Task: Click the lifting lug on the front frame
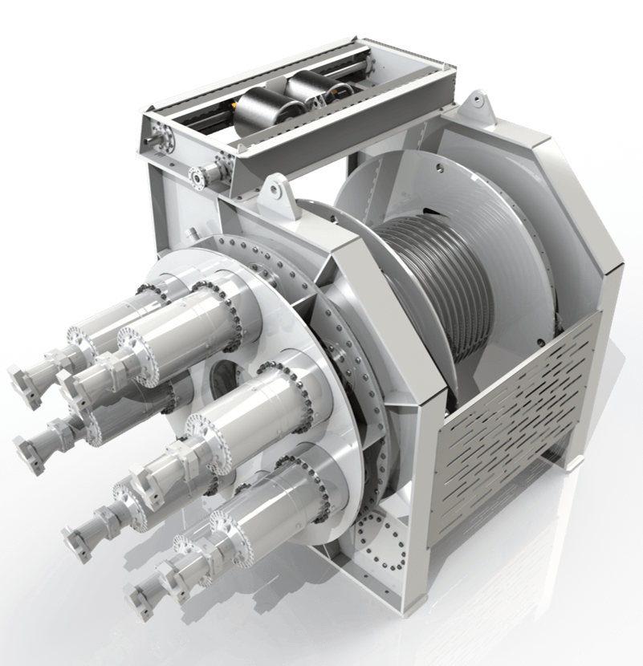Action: tap(273, 192)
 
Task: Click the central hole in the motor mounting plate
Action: tap(223, 376)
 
